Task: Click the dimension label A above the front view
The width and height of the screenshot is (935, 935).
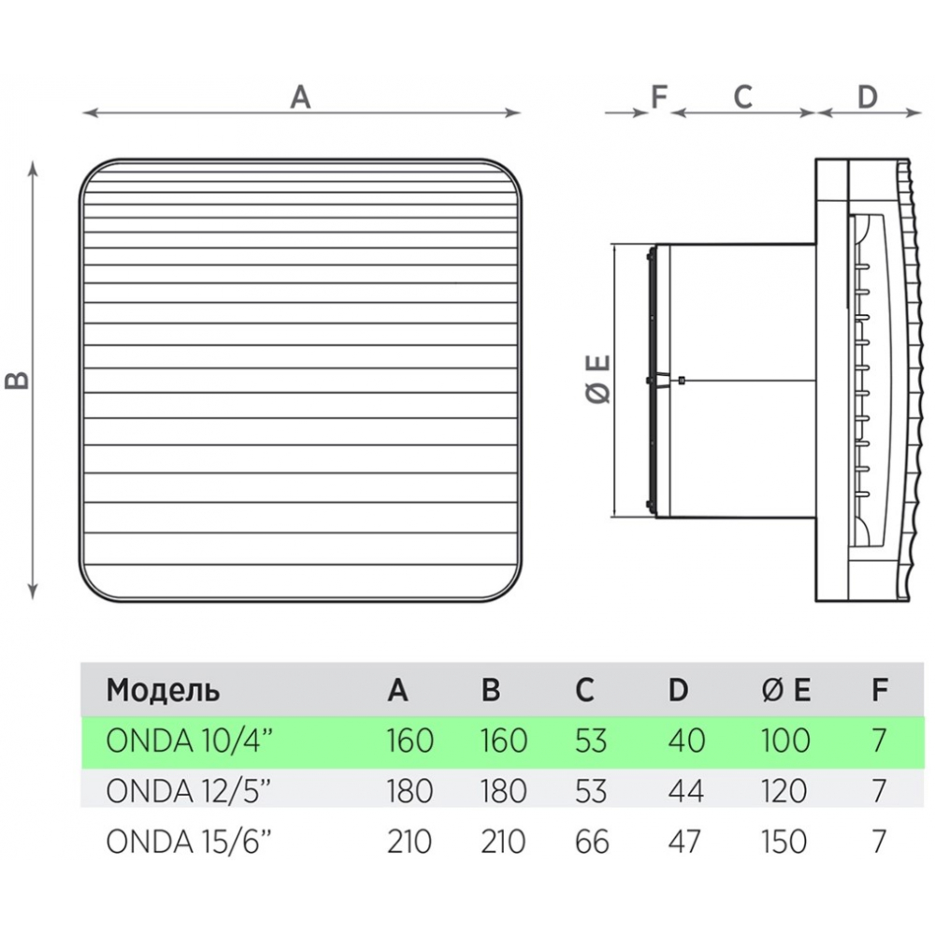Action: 300,97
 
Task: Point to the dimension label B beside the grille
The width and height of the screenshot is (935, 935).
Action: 17,381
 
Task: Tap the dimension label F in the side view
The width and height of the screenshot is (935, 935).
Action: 659,97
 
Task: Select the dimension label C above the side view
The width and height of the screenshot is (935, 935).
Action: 743,97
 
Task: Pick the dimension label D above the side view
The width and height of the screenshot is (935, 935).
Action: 868,97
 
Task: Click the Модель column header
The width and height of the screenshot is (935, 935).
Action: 163,691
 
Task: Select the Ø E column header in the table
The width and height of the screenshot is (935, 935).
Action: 786,690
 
